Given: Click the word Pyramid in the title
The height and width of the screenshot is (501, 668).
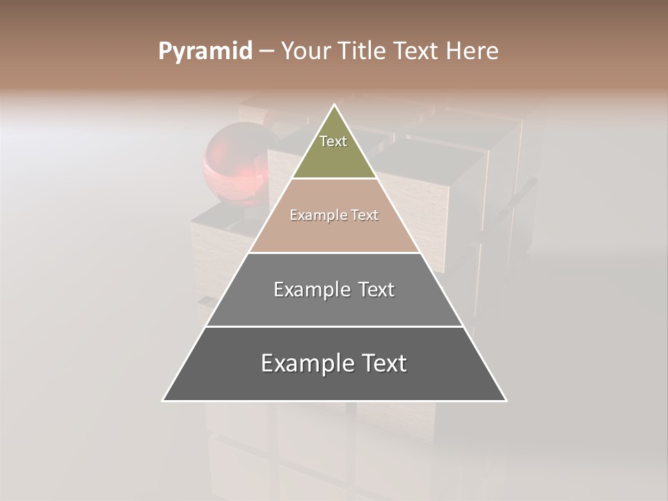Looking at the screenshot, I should point(205,51).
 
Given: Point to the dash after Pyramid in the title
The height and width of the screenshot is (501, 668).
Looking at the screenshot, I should point(266,51).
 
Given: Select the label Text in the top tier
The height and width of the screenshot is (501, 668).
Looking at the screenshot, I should point(333,141).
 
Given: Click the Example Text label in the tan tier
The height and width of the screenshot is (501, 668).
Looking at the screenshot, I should point(334,215).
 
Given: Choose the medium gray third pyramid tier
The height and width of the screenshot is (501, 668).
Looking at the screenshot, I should point(334,306).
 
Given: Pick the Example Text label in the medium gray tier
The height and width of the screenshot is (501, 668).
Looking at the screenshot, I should point(334,289).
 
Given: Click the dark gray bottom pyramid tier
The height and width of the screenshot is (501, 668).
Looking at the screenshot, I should point(334,383).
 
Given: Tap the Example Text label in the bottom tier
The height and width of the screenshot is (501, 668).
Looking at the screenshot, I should point(334,363).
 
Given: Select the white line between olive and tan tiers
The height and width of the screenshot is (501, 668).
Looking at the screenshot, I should point(334,179).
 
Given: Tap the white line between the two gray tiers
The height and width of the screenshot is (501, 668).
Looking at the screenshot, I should point(334,326).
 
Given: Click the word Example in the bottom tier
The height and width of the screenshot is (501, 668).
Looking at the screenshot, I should point(299,363).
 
